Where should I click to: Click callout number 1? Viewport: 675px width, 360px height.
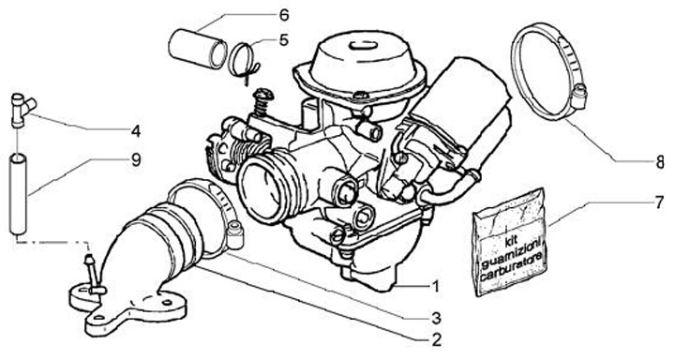coord(435,286)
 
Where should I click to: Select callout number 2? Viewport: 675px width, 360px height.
coord(436,340)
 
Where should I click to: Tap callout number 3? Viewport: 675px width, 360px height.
coord(436,318)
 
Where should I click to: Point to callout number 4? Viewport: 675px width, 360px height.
coord(136,131)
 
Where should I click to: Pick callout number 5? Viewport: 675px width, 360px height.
coord(283,40)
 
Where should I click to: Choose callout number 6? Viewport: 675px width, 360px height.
coord(284,16)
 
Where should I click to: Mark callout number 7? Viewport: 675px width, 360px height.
coord(659,202)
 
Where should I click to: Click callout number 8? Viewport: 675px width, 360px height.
coord(660,163)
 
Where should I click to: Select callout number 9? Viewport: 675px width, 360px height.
coord(136,160)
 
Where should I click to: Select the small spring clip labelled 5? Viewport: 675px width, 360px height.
coord(244,63)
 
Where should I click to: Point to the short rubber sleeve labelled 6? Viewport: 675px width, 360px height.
coord(197,48)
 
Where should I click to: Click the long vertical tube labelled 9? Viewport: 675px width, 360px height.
coord(18,196)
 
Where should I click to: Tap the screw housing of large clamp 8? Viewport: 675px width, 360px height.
coord(579,96)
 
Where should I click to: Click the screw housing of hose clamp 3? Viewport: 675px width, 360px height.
coord(235,235)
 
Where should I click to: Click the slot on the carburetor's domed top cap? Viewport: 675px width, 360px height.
coord(364,45)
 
